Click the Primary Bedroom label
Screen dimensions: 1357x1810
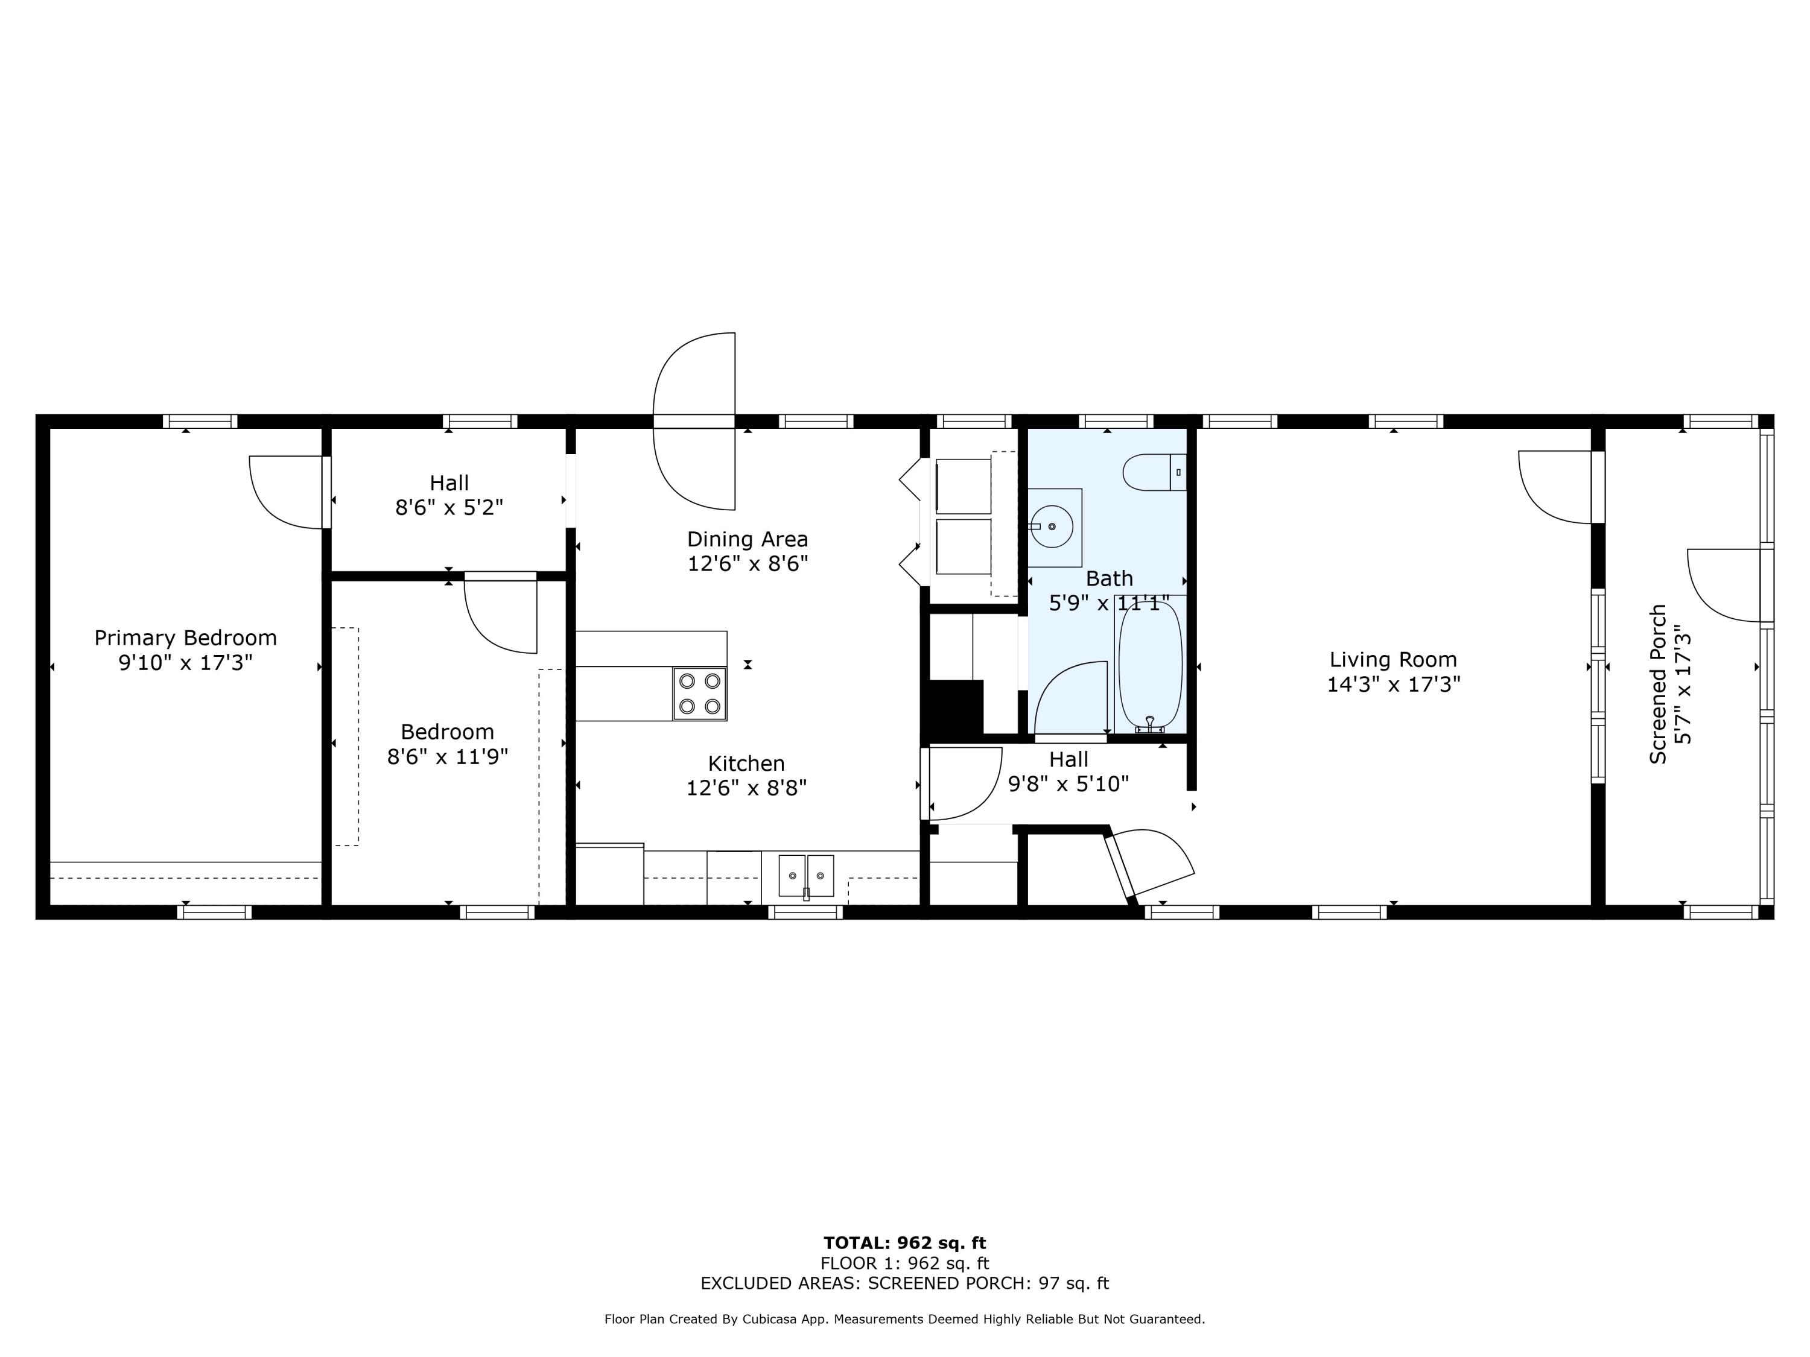185,637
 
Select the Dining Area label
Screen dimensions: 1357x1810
747,539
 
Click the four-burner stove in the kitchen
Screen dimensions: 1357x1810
700,693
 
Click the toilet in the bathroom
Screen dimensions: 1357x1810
1153,472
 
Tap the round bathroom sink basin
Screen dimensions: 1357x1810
1052,526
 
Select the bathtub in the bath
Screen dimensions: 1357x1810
1150,666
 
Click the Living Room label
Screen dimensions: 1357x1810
1392,659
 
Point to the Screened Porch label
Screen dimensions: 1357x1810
1658,684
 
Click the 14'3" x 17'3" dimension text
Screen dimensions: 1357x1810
1392,685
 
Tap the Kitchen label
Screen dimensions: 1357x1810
746,763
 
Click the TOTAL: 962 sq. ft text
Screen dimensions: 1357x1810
904,1243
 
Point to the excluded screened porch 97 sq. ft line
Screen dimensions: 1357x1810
904,1283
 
